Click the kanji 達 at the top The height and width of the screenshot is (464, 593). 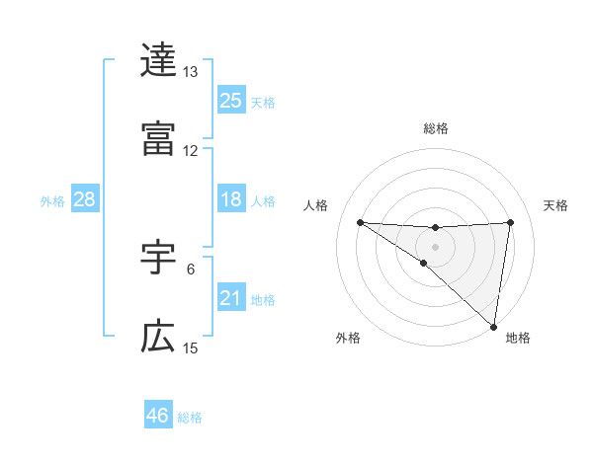pyautogui.click(x=158, y=61)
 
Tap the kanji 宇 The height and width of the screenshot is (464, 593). pyautogui.click(x=158, y=259)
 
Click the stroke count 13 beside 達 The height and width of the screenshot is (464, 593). pyautogui.click(x=190, y=72)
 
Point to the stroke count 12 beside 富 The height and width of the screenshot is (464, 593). pyautogui.click(x=190, y=150)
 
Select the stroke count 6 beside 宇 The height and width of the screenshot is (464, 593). pyautogui.click(x=190, y=269)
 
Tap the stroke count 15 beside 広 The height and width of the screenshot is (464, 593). pyautogui.click(x=190, y=348)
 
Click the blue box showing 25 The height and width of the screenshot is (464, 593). pyautogui.click(x=231, y=101)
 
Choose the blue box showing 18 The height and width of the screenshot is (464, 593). pyautogui.click(x=231, y=199)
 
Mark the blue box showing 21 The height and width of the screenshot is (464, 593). pyautogui.click(x=231, y=298)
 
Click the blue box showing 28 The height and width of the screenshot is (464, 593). pyautogui.click(x=85, y=199)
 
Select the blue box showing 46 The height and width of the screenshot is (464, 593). pyautogui.click(x=158, y=416)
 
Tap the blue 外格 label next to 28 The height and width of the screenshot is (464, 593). pyautogui.click(x=52, y=201)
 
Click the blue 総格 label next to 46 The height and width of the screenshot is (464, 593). pyautogui.click(x=190, y=418)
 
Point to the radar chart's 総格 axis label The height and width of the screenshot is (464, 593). pyautogui.click(x=435, y=128)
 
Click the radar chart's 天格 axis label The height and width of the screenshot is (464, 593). pyautogui.click(x=555, y=205)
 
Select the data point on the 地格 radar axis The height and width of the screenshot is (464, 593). pyautogui.click(x=493, y=327)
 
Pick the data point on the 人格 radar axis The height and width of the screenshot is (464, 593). pyautogui.click(x=360, y=222)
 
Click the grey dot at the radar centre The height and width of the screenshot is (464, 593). pyautogui.click(x=435, y=246)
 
